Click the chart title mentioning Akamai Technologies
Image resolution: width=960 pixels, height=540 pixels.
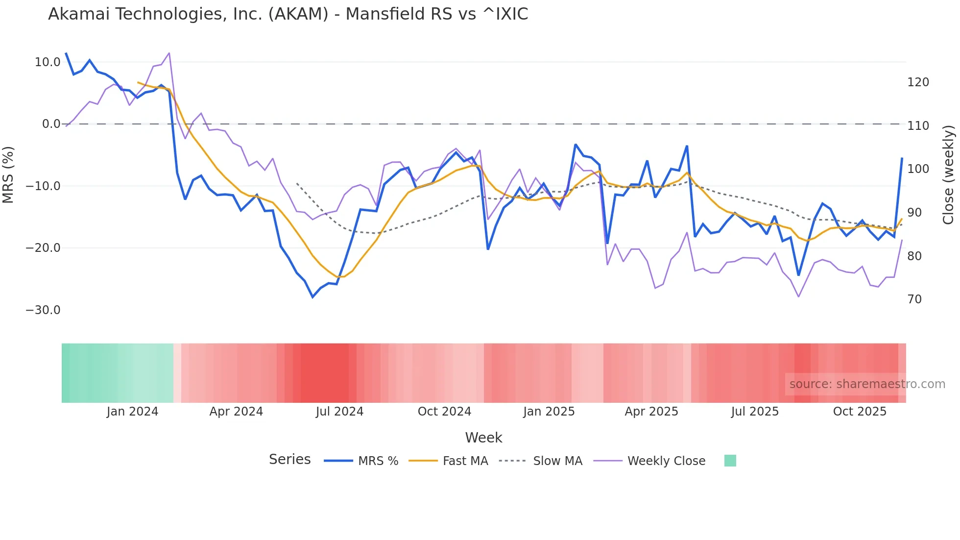coord(288,14)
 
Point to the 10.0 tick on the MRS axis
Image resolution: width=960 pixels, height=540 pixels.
coord(48,62)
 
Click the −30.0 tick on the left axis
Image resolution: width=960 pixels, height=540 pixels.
coord(43,310)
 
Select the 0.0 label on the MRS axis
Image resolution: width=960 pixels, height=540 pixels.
coord(51,124)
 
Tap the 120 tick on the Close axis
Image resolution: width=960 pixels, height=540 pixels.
coord(918,82)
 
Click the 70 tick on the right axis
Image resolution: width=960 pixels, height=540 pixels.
coord(914,299)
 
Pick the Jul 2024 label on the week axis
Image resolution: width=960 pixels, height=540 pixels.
coord(339,412)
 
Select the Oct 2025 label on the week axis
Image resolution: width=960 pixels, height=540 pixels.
coord(860,412)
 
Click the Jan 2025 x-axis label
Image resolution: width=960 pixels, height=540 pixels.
coord(549,412)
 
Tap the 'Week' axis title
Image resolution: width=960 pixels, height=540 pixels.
coord(483,438)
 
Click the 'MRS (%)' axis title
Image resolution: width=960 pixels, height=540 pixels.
coord(8,174)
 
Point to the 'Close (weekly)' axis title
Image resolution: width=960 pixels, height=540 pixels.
coord(949,174)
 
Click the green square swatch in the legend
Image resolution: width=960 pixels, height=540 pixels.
coord(730,461)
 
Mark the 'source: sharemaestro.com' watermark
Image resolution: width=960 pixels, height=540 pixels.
coord(867,384)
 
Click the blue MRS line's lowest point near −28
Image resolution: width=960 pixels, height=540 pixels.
coord(312,297)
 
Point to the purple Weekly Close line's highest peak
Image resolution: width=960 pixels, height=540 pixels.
coord(169,53)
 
